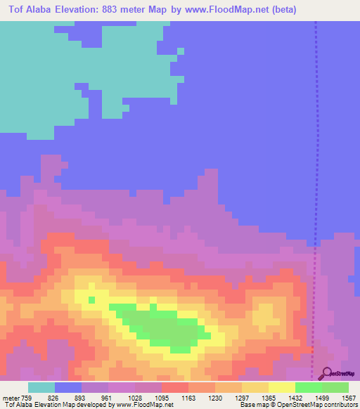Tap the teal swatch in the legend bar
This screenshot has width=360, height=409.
(x=41, y=387)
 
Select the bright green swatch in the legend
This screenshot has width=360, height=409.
(x=309, y=387)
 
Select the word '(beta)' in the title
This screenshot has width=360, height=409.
(x=281, y=10)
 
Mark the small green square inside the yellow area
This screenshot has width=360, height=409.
(x=91, y=300)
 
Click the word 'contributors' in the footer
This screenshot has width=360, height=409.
(x=341, y=405)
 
